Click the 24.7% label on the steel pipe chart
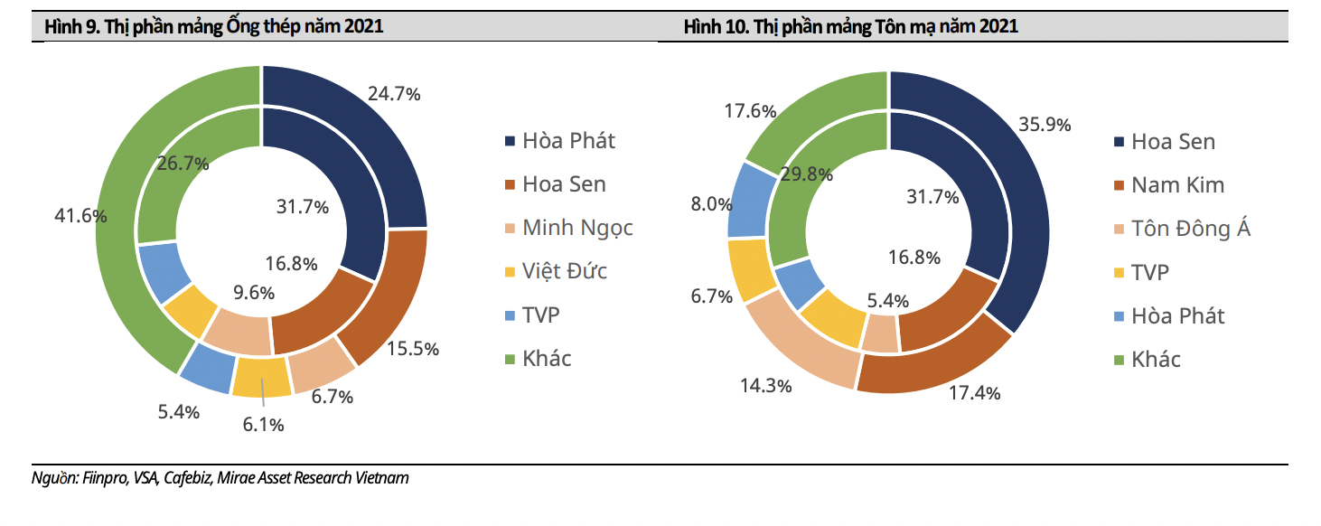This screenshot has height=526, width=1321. pos(394,94)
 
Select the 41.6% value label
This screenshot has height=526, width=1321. pos(81,216)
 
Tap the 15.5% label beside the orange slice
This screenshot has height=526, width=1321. pos(412,349)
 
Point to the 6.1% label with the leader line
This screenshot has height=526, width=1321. pos(263,424)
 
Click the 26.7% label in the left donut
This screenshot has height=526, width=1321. pos(183,164)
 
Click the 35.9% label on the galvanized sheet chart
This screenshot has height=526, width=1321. pos(1045,125)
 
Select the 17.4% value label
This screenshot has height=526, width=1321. pos(973,393)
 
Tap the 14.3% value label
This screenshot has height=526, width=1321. pos(765,386)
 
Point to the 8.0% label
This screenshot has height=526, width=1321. pos(711,204)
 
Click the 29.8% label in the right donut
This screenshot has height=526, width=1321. pos(806,174)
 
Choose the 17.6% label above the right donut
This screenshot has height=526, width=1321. pos(751,111)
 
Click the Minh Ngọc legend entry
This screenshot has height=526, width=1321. pos(577,228)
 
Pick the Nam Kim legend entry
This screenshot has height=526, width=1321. pos(1177,185)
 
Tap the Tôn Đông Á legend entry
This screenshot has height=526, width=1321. pos(1191,229)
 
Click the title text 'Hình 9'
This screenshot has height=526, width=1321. pos(69,27)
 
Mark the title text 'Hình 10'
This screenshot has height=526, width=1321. pos(713,27)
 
